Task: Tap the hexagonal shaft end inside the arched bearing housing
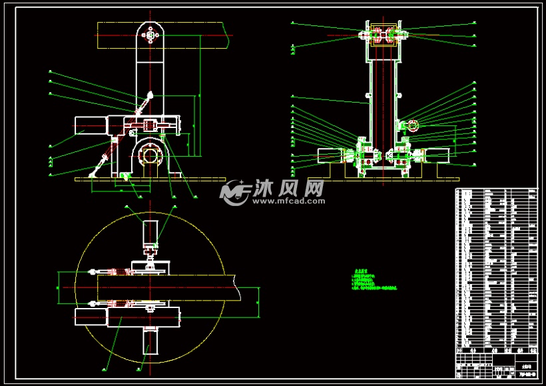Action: click(151, 157)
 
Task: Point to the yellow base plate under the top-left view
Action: click(150, 179)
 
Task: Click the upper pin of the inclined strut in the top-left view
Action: click(151, 95)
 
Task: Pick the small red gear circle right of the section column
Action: click(411, 125)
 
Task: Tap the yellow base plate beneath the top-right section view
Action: click(383, 179)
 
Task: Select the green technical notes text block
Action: click(374, 280)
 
